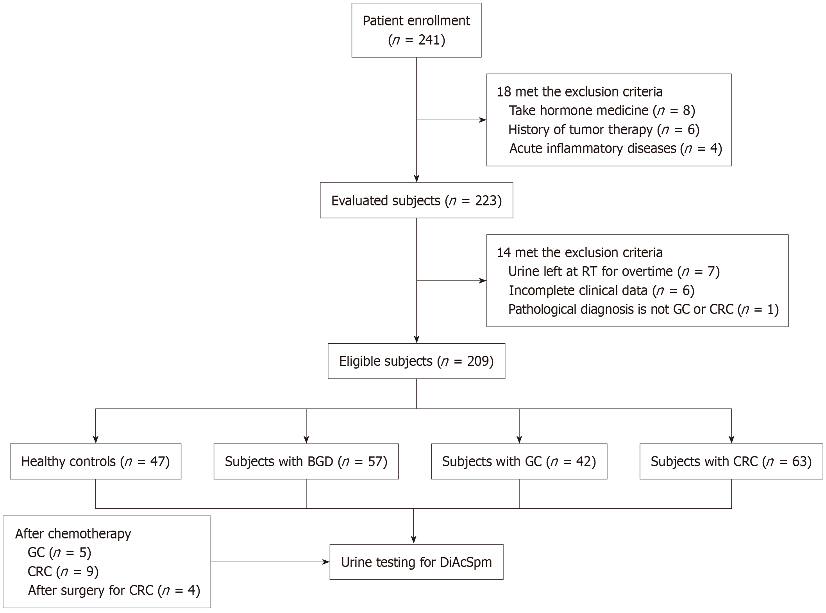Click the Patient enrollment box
(416, 30)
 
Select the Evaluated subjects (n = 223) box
(416, 200)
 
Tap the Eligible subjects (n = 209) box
(416, 361)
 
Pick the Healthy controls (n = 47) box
(95, 462)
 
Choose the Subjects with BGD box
(306, 462)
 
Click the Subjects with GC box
(519, 462)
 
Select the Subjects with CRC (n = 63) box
(731, 462)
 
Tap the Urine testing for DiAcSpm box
(416, 562)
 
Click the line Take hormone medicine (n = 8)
(602, 111)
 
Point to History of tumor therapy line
(604, 130)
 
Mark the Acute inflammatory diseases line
(615, 148)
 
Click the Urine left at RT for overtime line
(614, 271)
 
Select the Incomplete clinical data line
(601, 290)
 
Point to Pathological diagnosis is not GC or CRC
(644, 309)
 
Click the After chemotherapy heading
(73, 534)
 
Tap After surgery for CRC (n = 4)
(114, 590)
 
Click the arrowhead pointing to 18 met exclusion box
(483, 120)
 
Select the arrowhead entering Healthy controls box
(96, 439)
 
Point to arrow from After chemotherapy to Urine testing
(270, 562)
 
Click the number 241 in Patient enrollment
(429, 40)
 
